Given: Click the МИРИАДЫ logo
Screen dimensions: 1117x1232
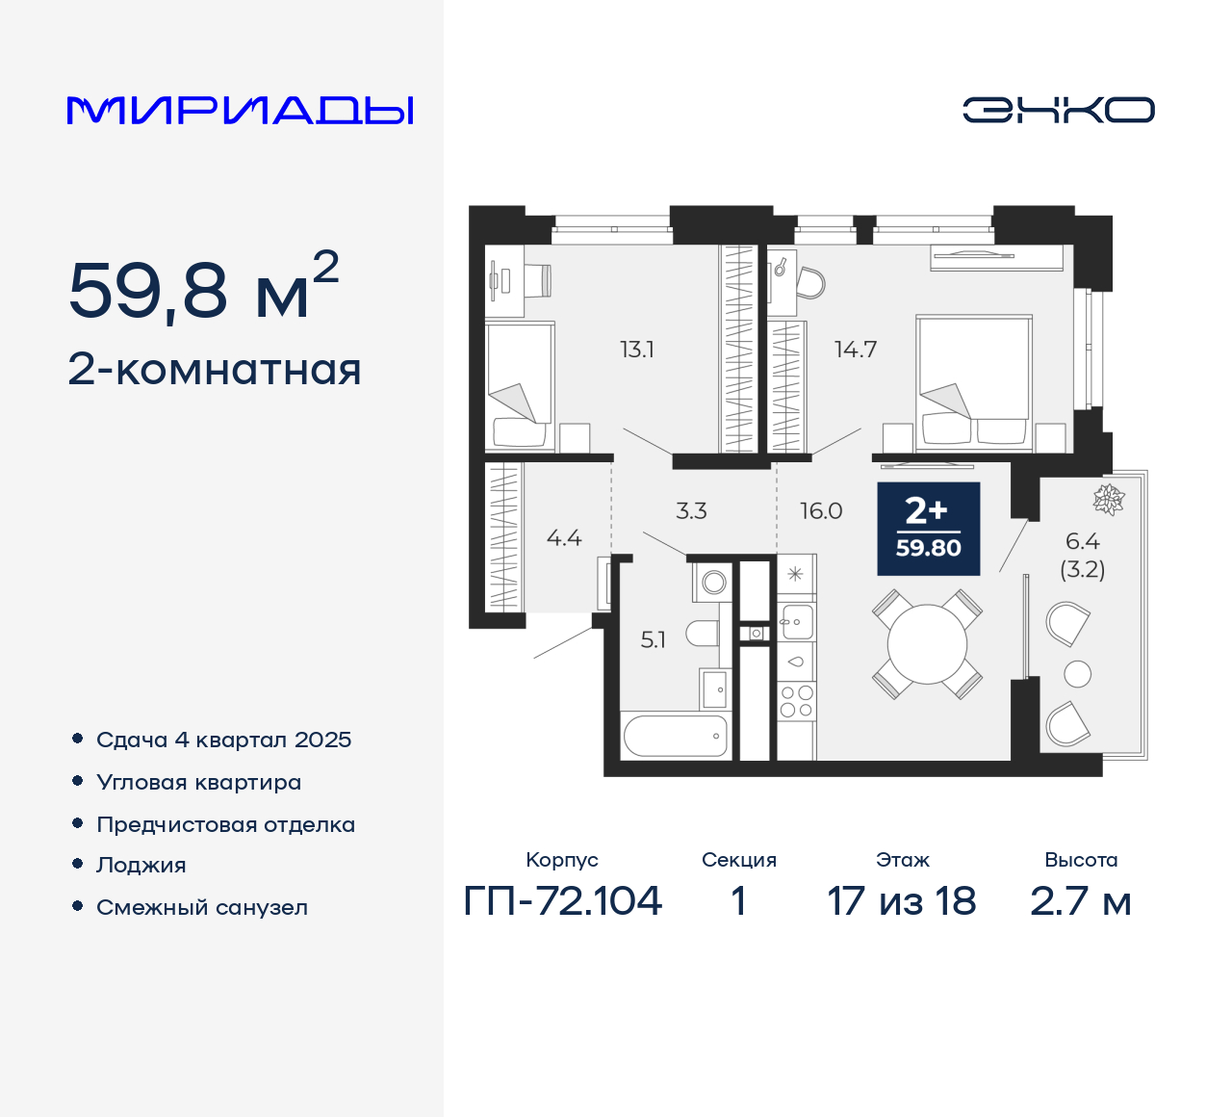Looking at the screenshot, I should pos(241,111).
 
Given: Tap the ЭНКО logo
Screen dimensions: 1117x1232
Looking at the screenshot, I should pos(1058,110).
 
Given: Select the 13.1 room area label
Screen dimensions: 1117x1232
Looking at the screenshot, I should pos(637,350).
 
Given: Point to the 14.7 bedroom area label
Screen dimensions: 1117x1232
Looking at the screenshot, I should pos(856,350).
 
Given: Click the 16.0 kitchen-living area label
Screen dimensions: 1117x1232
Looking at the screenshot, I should pos(821,511).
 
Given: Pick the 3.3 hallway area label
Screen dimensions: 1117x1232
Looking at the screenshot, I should pos(691,511).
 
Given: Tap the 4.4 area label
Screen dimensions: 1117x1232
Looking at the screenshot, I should pos(564,538).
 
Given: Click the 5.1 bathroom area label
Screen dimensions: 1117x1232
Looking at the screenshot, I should pos(653,640).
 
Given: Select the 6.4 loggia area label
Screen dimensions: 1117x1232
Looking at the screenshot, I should pos(1083,542).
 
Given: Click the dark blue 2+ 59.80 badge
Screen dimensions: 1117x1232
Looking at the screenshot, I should pos(929,529).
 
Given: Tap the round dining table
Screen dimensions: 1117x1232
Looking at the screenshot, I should pos(927,644).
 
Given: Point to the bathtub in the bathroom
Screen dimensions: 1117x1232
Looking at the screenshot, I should pos(675,737).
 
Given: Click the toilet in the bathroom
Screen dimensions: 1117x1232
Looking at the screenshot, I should pos(703,634).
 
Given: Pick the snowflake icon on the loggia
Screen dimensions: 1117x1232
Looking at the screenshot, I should pos(1109,500).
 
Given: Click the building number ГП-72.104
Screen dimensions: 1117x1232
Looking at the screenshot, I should pos(563,901).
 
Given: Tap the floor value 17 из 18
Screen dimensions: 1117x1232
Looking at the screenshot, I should pos(902,901).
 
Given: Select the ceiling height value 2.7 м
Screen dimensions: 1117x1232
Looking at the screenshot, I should pos(1080,901).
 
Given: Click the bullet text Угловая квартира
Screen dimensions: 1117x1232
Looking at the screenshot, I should pos(199,783).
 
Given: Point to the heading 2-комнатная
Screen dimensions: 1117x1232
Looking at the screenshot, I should pos(215,370).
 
